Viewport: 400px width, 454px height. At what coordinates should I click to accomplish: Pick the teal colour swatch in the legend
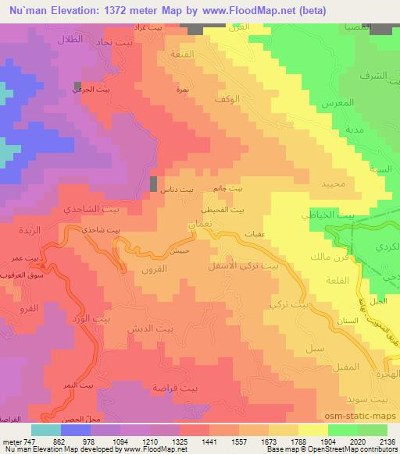click(x=46, y=429)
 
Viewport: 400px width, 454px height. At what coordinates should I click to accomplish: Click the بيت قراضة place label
click(x=195, y=388)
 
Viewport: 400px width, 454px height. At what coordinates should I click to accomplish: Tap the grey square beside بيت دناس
click(x=153, y=184)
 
